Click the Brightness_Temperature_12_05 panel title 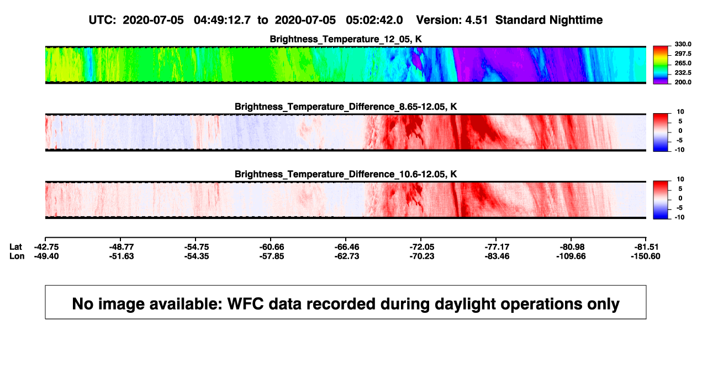345,39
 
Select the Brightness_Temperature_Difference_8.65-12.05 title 346,106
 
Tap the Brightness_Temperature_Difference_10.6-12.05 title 346,174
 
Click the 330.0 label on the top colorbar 683,44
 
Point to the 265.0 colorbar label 683,63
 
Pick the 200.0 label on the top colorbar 683,82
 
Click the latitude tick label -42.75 46,247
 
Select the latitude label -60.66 272,247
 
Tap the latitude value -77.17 497,247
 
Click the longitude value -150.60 646,256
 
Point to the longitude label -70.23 422,256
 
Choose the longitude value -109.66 571,256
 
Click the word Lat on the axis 15,247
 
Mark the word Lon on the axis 17,256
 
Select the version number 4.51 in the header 476,20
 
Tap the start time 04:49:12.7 222,20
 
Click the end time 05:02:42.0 374,20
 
